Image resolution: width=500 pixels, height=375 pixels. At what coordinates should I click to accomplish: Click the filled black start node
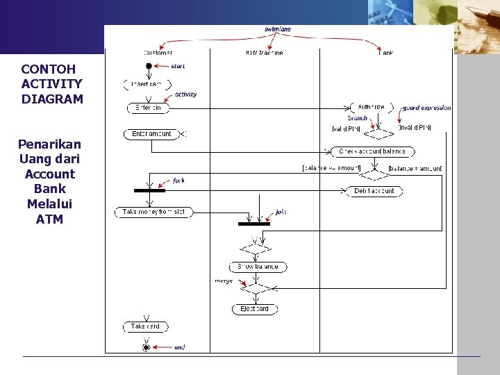point(148,66)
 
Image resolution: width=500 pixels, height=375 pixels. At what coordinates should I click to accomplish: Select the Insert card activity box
point(147,85)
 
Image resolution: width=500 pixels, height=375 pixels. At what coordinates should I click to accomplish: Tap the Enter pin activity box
point(148,108)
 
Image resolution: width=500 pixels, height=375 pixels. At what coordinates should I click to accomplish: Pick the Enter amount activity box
point(151,134)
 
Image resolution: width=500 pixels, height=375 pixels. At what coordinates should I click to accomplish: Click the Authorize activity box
point(372,108)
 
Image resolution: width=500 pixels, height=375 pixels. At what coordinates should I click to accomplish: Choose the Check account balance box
point(373,151)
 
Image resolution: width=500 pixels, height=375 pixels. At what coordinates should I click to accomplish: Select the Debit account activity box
point(374,191)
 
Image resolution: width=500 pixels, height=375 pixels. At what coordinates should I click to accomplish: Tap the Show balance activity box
point(258,267)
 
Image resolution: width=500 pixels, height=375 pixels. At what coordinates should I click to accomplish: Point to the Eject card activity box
point(255,309)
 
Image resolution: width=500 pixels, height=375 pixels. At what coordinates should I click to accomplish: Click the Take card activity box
point(146,326)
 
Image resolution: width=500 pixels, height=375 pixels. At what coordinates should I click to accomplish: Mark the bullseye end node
point(146,346)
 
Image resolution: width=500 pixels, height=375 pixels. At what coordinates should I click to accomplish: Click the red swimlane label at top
point(278,29)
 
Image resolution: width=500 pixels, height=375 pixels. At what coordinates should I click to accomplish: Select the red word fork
point(178,181)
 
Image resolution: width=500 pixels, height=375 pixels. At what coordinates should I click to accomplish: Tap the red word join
point(281,211)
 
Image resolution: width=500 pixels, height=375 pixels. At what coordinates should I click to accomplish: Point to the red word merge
point(224,281)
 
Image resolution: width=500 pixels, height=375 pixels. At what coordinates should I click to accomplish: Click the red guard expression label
point(426,108)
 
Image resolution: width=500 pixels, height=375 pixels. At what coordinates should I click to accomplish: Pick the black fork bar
point(149,190)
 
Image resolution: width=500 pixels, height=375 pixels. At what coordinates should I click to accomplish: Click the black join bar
point(254,224)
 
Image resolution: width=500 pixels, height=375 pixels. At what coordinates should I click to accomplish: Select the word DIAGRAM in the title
point(52,99)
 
